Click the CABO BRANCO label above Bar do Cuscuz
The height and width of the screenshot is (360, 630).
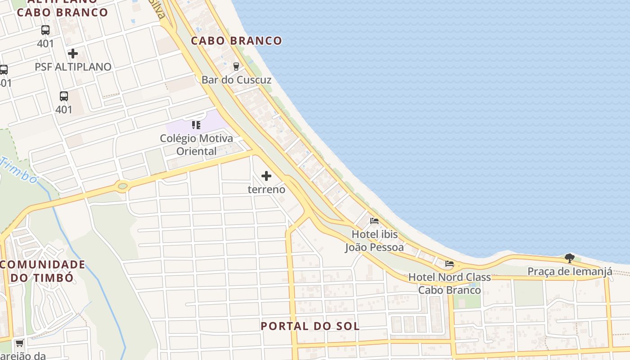236,40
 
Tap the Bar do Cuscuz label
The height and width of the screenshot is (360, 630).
236,80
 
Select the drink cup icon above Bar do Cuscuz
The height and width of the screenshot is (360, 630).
236,67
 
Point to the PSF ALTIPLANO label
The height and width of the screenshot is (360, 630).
73,67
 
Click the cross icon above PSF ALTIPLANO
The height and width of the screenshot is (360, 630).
72,54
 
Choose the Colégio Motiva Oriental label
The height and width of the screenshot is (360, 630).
197,144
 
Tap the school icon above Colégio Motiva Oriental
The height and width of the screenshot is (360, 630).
196,125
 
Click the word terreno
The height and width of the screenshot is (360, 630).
266,189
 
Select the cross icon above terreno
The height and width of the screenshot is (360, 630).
266,176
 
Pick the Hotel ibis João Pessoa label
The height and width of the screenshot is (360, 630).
374,241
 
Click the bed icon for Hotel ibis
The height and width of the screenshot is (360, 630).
374,221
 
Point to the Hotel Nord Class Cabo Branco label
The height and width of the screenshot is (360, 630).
449,283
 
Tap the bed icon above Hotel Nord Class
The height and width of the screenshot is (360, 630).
450,264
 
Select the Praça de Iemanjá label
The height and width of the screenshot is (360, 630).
570,271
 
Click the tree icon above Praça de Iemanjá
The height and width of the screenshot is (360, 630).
570,258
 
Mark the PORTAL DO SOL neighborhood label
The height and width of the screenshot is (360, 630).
310,326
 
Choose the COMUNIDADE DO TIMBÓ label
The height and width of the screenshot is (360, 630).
42,271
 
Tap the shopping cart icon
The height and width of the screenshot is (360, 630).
19,343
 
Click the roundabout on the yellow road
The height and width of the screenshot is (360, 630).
122,185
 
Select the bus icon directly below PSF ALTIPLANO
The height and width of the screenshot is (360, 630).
64,96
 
